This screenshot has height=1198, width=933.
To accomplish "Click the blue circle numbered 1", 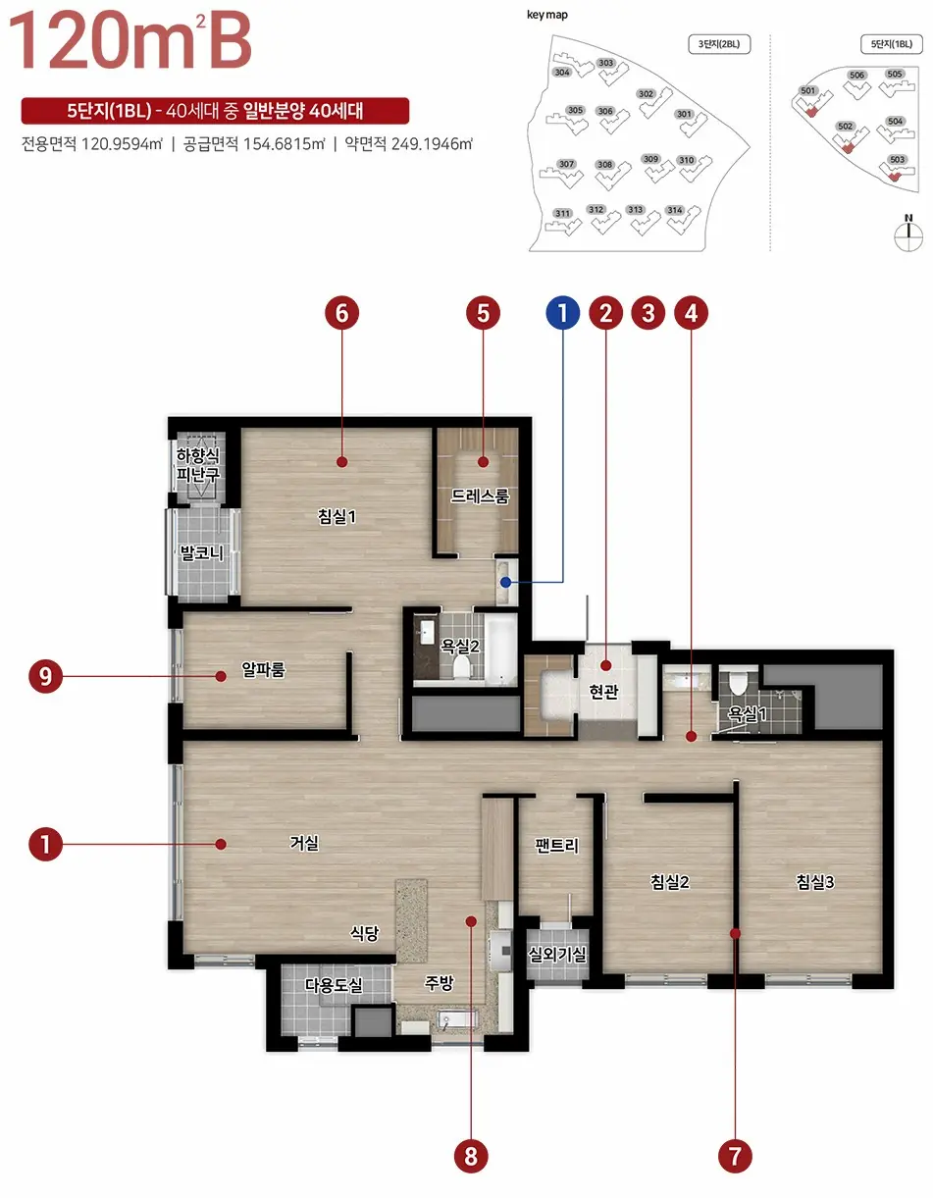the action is (562, 313).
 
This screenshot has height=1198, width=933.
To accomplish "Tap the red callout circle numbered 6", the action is (341, 313).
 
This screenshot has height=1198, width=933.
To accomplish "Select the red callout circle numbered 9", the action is (45, 676).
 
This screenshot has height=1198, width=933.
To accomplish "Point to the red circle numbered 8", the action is (471, 1156).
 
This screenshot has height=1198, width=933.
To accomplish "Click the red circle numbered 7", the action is (735, 1156).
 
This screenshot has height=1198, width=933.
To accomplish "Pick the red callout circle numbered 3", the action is (648, 313).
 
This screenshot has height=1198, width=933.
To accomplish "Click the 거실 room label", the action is (304, 843).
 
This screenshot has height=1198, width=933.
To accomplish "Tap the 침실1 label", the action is (337, 516).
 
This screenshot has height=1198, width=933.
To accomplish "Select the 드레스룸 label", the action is (480, 496).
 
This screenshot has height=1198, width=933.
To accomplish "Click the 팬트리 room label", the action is (556, 846).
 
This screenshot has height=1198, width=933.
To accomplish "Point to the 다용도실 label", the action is (334, 985).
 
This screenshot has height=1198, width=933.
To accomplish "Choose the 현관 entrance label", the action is (604, 692).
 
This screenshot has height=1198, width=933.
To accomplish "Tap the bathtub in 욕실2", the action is (500, 649).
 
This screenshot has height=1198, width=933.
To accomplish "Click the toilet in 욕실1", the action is (738, 683).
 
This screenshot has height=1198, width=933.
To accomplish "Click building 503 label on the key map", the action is (897, 159).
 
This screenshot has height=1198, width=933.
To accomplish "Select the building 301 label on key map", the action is (684, 114).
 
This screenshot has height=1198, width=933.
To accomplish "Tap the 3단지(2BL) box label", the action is (719, 44).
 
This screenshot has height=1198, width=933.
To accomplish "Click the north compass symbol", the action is (908, 234).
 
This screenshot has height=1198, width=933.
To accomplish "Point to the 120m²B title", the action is (130, 41).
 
